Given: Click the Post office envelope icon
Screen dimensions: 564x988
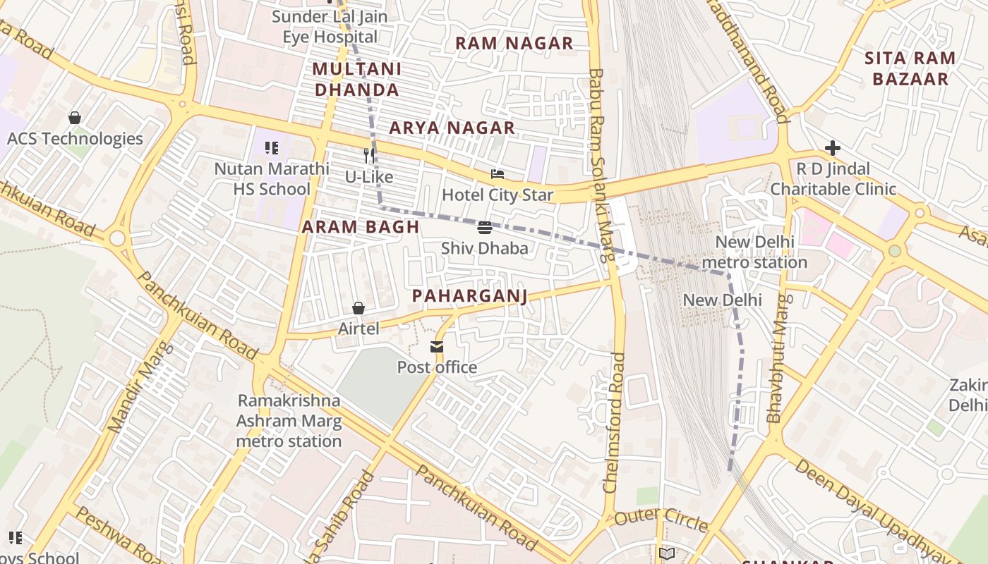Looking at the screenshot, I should (437, 346).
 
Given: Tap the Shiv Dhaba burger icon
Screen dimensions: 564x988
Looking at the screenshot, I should (484, 227).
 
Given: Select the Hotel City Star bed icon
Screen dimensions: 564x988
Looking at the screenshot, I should (498, 174).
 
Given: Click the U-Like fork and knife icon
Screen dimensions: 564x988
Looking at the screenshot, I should (368, 155).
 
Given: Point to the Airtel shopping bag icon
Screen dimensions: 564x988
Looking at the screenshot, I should (359, 308).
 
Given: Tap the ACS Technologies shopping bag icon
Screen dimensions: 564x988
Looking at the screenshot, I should (75, 118).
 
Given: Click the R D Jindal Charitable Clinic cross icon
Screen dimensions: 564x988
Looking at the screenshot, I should (833, 148).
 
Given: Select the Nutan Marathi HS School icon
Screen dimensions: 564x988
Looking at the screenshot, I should (272, 148).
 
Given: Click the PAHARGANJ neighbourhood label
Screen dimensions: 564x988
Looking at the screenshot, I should (469, 295).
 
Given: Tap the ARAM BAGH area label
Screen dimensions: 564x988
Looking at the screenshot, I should (361, 227).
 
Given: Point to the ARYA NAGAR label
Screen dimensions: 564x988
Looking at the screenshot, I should (452, 128).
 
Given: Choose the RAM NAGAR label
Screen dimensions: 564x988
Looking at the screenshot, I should (514, 43).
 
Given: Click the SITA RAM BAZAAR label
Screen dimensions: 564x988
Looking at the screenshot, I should (910, 68).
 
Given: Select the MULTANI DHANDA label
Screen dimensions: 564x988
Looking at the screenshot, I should (357, 79).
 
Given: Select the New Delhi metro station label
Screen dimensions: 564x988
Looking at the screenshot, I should (754, 252).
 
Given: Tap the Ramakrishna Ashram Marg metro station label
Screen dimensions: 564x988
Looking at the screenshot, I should (289, 421).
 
